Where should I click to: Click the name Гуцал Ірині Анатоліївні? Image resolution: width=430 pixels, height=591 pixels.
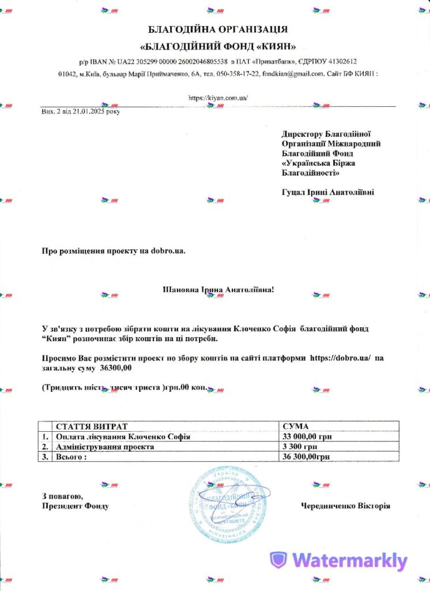[327, 192]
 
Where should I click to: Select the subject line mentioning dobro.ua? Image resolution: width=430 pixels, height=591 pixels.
[114, 250]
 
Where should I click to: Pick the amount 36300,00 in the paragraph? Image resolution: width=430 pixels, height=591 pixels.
[116, 368]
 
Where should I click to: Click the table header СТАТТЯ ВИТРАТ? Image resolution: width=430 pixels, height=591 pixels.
[92, 426]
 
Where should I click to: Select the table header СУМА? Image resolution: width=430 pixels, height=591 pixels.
[297, 426]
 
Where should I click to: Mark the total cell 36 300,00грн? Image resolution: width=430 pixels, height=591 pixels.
[307, 457]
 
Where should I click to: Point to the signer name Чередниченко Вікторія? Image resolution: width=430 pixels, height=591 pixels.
[345, 506]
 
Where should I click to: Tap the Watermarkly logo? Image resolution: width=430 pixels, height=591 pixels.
[340, 560]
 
